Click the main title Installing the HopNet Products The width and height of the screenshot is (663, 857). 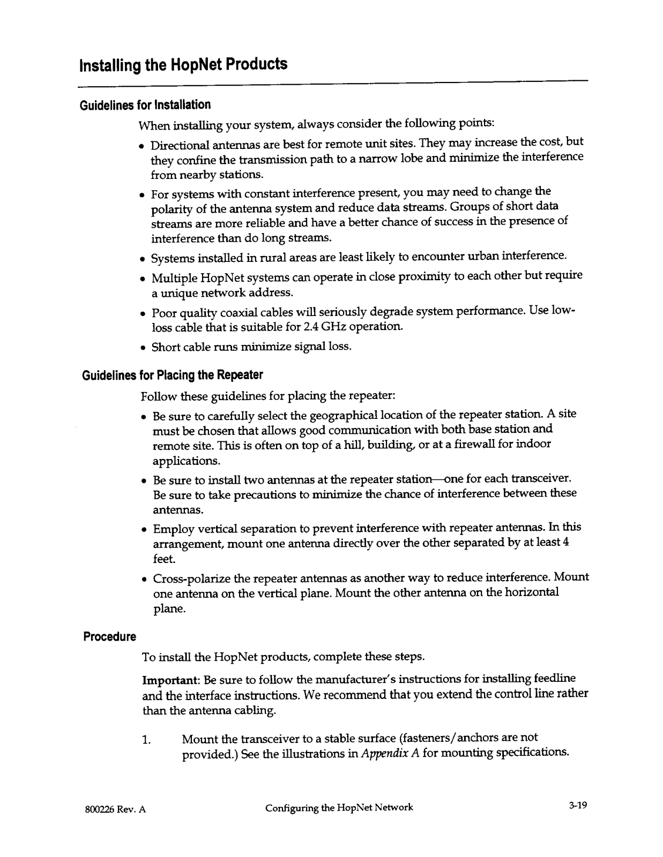coord(183,65)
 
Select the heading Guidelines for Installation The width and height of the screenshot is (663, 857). coord(145,104)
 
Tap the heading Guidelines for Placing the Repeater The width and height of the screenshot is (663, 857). coord(172,375)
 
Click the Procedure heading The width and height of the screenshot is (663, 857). coord(109,637)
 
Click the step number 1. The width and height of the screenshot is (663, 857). coord(145,740)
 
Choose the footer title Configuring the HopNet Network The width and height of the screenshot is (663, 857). coord(339,807)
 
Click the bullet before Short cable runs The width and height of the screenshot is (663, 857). coord(143,348)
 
